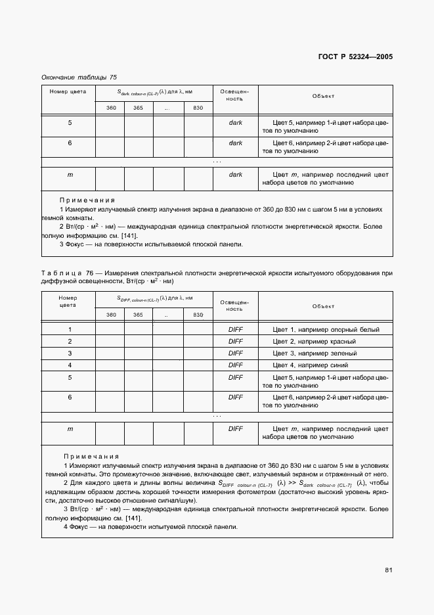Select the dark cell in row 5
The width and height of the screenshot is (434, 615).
235,123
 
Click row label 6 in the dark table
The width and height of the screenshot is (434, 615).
70,143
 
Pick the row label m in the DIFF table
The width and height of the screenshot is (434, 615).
70,429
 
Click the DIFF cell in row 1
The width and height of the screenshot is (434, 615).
235,330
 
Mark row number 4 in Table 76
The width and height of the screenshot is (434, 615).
70,365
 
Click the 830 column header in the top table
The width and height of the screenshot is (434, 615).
198,108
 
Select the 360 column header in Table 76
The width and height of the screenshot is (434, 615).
111,315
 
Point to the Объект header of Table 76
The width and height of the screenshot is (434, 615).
323,306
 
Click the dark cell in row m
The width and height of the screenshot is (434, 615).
235,175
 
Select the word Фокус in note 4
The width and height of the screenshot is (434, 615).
81,527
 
